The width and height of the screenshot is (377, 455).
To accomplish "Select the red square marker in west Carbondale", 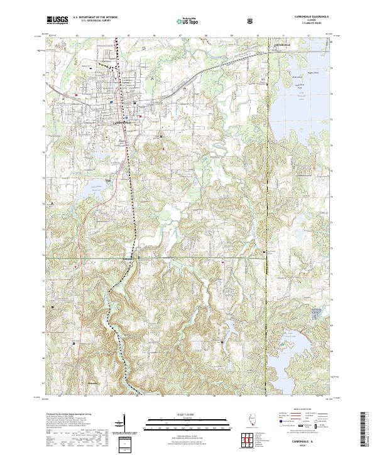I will click(x=77, y=95).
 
